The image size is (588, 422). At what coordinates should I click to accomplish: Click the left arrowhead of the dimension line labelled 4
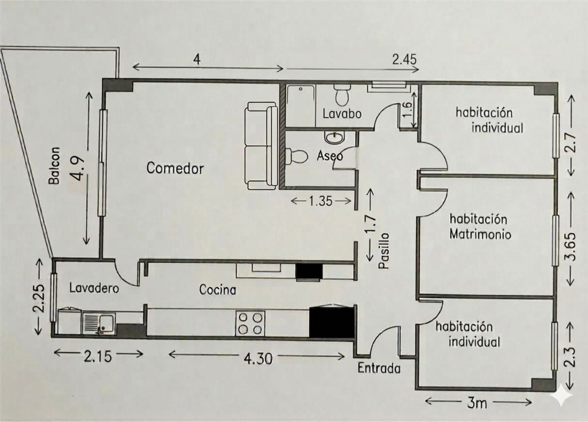pos(133,67)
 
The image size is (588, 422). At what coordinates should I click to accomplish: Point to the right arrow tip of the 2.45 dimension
pos(419,69)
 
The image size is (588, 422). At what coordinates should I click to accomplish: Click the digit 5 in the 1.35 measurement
pos(328,202)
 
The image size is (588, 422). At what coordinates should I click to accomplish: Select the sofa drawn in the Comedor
pos(261,146)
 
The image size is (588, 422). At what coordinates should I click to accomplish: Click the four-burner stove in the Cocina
pos(250,323)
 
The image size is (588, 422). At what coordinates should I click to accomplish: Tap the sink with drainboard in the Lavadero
pos(99,323)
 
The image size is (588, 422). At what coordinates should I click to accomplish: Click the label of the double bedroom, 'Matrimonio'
pos(480,235)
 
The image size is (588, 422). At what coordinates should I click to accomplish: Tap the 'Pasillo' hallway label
pos(383,251)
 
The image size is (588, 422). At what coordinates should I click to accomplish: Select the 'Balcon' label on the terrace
pos(55,166)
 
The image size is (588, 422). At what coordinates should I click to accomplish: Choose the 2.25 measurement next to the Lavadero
pos(38,298)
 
